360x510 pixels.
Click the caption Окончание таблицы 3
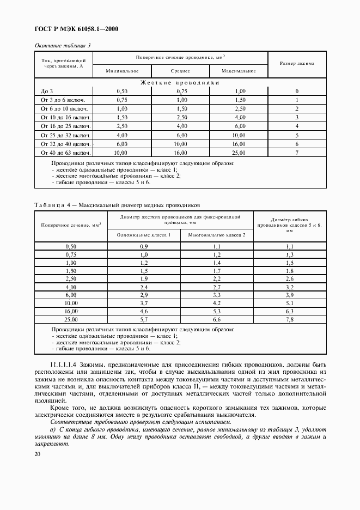62,45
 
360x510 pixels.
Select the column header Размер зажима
297,64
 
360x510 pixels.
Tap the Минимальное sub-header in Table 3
122,71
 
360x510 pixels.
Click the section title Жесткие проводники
180,83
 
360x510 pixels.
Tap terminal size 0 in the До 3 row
297,92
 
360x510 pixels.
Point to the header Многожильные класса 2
217,234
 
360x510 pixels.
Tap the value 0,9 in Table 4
144,246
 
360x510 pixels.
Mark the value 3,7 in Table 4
144,302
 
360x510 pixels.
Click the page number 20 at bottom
38,454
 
